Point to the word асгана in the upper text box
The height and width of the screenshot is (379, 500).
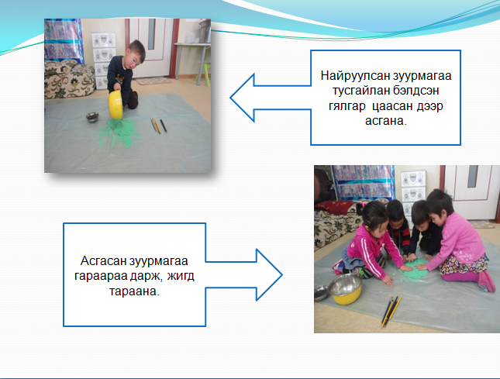coord(384,121)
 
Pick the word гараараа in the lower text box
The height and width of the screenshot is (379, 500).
coord(101,276)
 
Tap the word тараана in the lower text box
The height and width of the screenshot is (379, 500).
coord(133,291)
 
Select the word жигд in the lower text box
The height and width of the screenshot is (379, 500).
coord(181,275)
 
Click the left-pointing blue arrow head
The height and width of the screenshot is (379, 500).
coord(243,98)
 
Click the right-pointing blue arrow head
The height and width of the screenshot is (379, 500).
coord(269,275)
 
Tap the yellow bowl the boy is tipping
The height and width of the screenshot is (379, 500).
coord(116,105)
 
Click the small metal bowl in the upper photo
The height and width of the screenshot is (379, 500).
coord(92,117)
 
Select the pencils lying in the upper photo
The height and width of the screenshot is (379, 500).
coord(158,126)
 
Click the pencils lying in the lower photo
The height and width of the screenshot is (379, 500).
coord(391,311)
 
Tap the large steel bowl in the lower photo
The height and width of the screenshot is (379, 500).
coord(345,288)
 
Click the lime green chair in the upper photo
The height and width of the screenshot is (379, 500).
coord(206,74)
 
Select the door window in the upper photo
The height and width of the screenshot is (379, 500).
coord(151,34)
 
